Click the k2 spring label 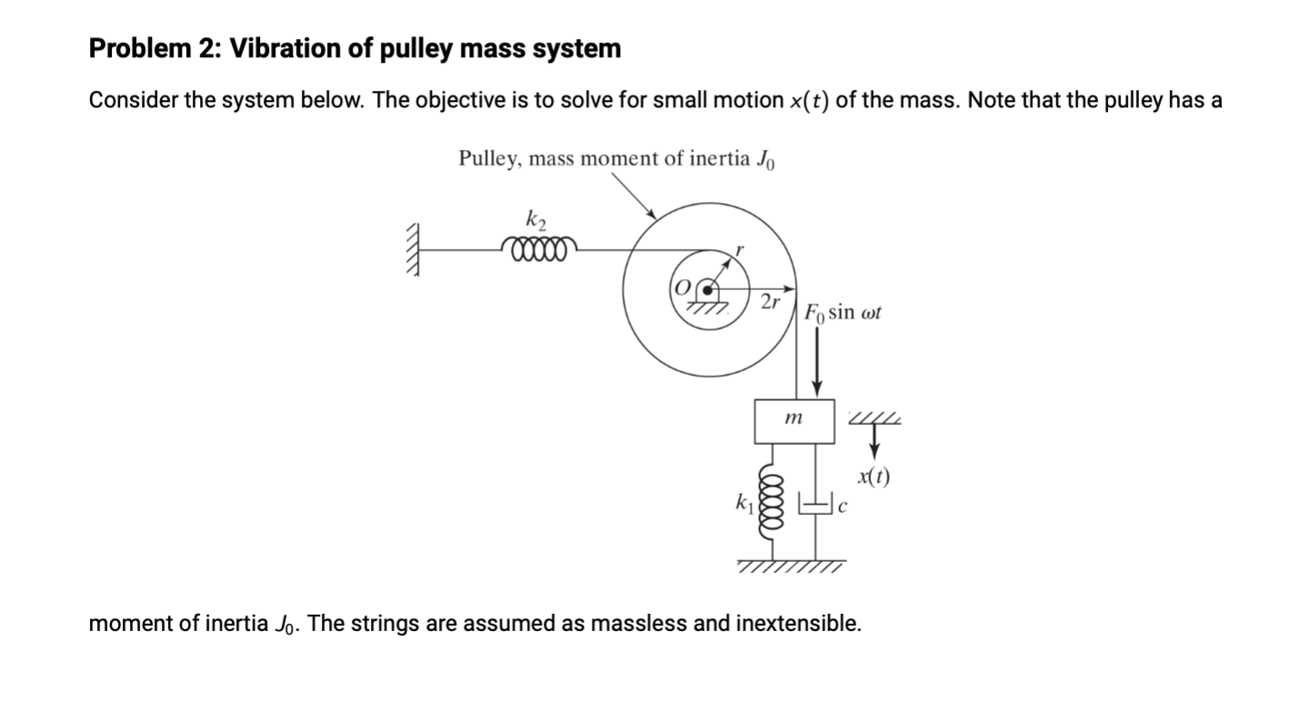535,219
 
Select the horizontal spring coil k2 538,247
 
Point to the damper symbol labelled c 815,502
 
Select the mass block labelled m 794,420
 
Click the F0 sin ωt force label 843,314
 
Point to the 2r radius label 769,301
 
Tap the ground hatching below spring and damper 792,567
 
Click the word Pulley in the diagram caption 488,159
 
